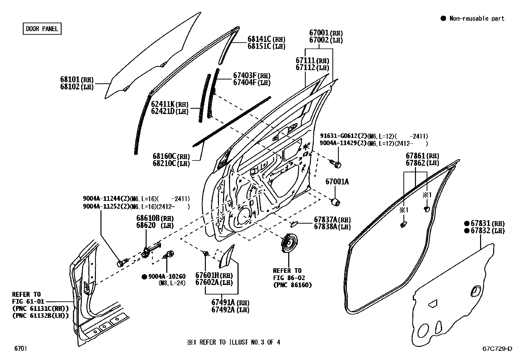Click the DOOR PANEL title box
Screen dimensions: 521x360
pos(42,28)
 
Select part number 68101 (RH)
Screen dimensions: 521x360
pos(77,79)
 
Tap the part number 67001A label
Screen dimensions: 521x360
pos(337,181)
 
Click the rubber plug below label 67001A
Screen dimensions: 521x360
pos(336,202)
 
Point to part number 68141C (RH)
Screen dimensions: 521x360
pos(266,39)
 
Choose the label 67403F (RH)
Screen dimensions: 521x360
pos(252,75)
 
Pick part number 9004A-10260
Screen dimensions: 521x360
pos(167,276)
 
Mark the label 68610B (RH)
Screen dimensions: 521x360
pos(155,218)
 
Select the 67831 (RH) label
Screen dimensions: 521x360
pos(488,223)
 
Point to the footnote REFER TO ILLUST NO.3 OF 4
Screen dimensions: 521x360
pos(234,342)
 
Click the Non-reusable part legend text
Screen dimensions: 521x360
pos(477,18)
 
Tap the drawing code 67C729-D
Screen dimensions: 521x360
pos(497,349)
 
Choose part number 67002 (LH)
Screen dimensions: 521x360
pos(326,40)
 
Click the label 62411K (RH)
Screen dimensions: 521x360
pos(170,104)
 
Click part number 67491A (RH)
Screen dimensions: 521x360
pos(230,303)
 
